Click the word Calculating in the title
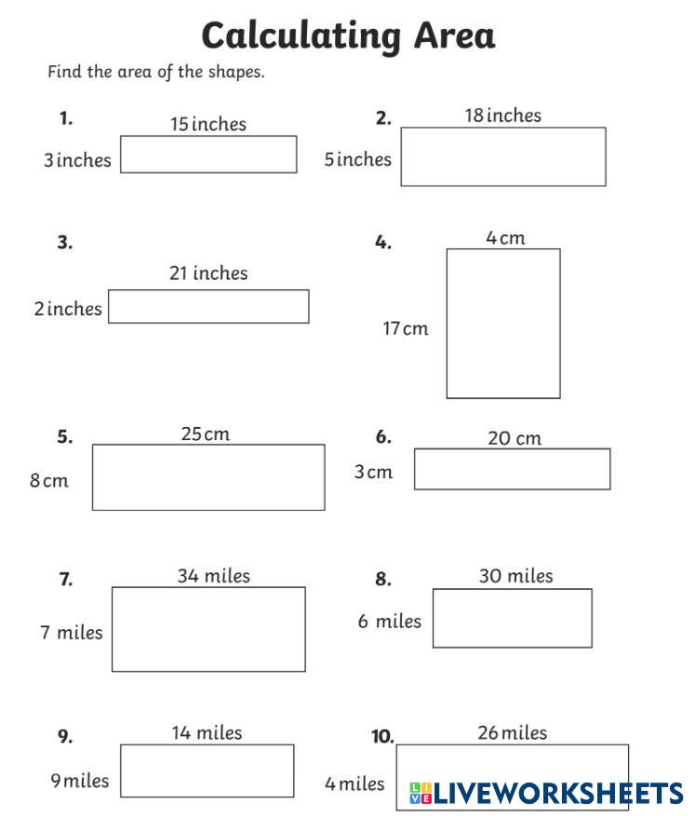tap(300, 36)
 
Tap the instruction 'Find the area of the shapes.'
tap(156, 72)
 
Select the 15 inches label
tap(207, 124)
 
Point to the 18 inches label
tap(502, 115)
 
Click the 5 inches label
tap(357, 159)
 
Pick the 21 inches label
tap(208, 273)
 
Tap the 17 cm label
tap(406, 328)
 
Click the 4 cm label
tap(505, 237)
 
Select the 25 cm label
tap(205, 434)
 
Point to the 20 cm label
tap(514, 437)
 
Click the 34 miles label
tap(213, 576)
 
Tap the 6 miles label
tap(389, 621)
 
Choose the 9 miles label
tap(79, 781)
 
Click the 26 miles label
tap(512, 732)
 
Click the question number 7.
tap(65, 580)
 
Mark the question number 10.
tap(382, 737)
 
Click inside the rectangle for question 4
tap(503, 323)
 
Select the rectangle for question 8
tap(512, 618)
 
